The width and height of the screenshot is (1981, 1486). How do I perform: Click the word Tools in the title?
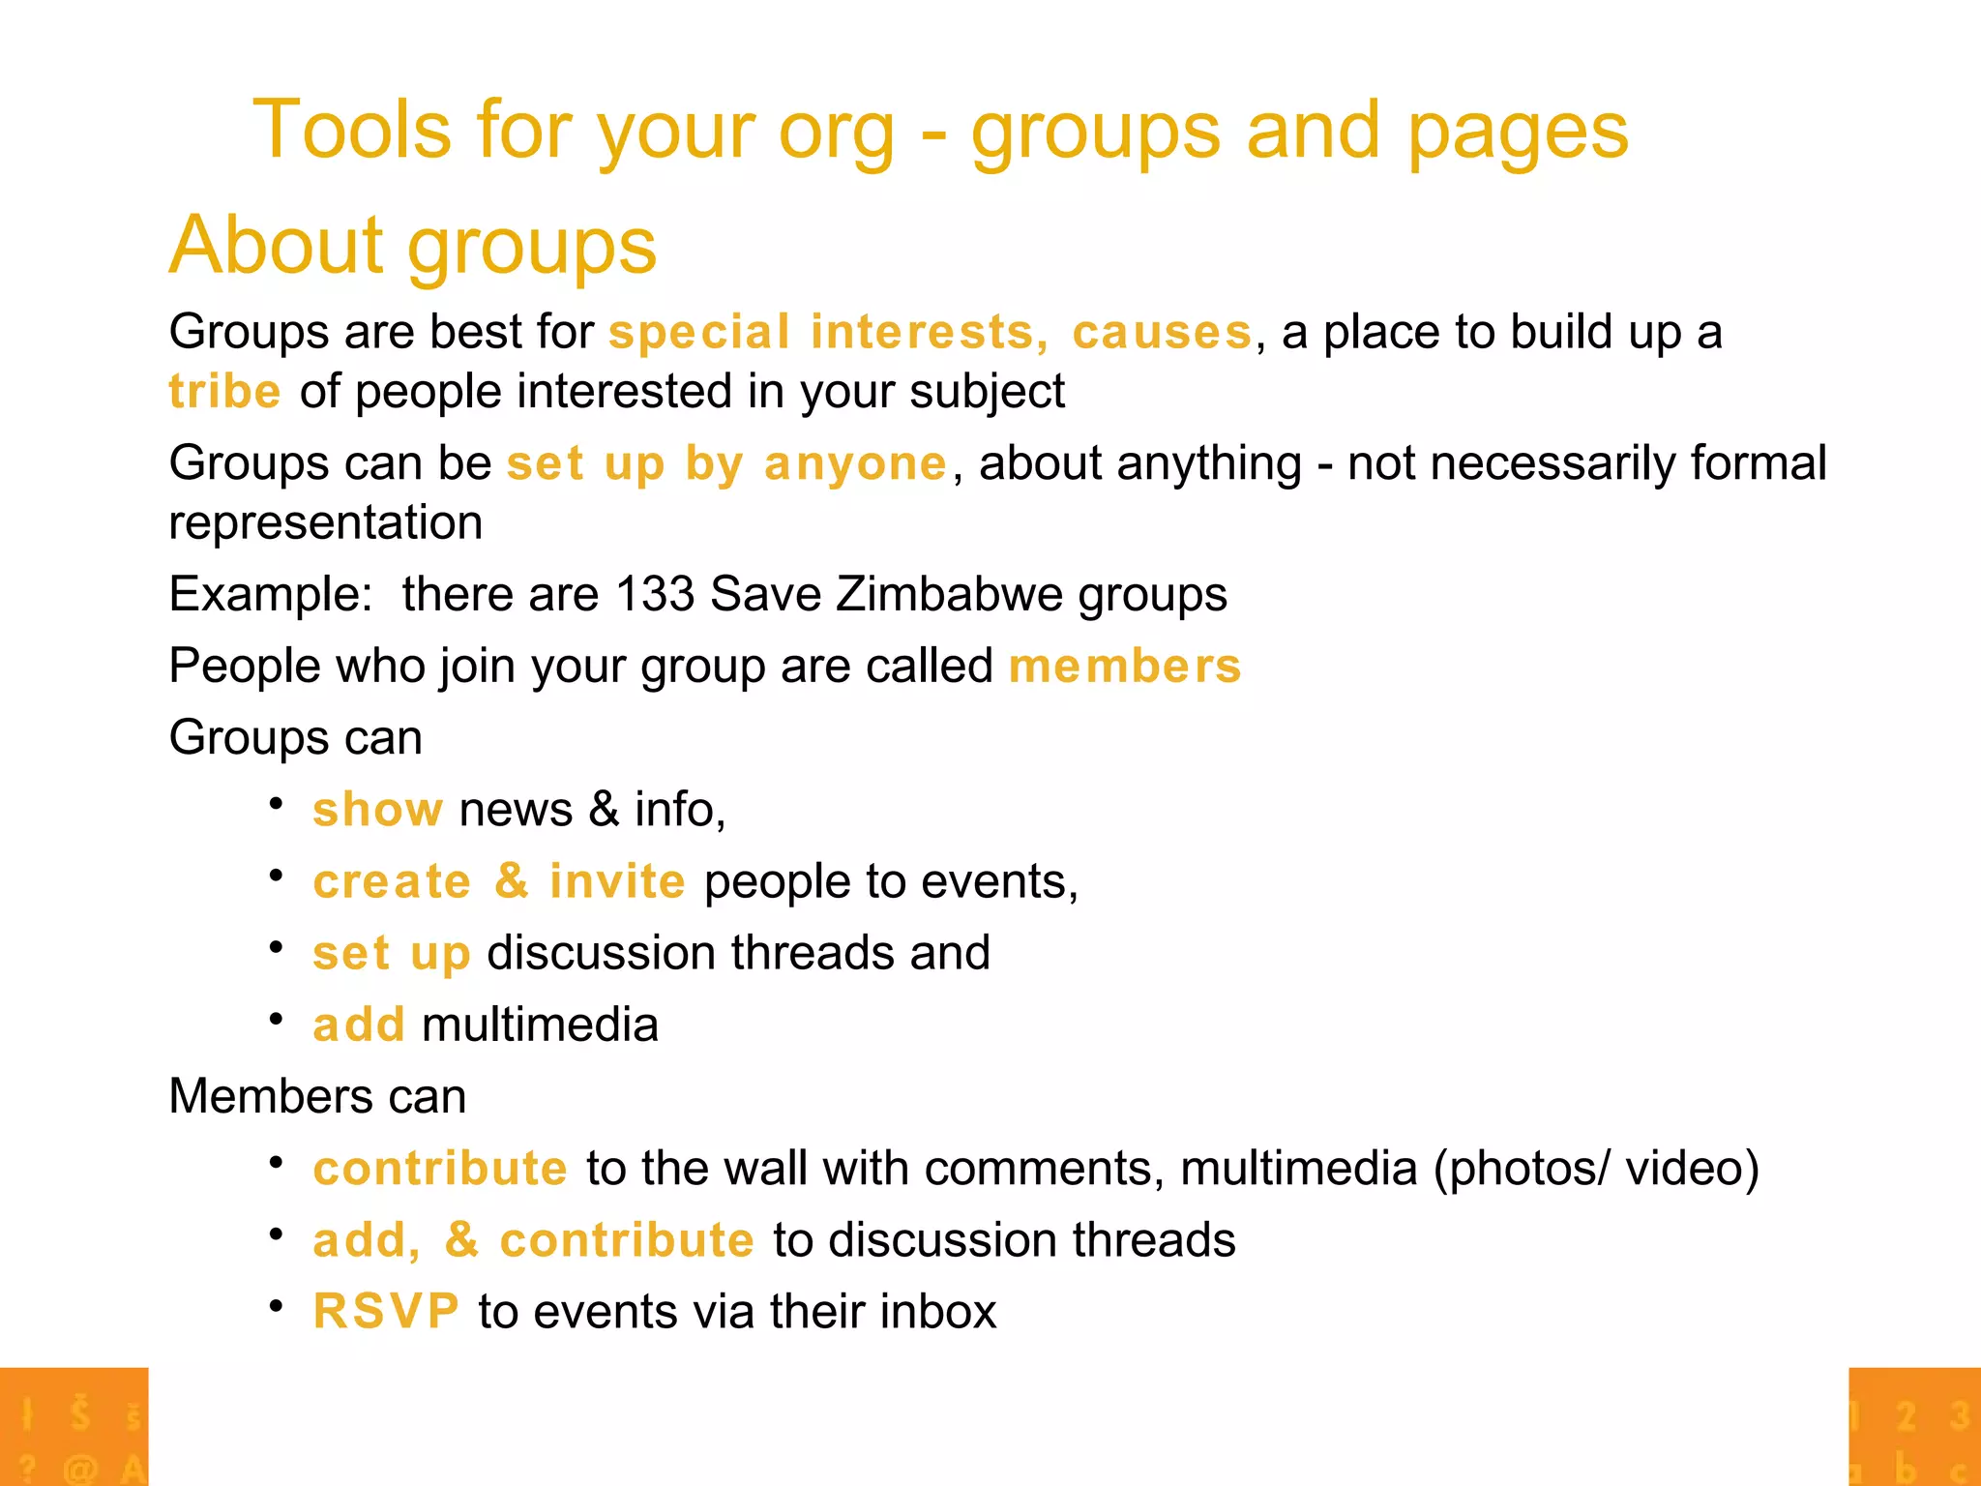352,130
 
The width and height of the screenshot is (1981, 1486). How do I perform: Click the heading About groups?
413,246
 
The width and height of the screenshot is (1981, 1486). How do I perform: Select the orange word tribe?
224,392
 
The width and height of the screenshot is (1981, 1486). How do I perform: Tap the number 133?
655,593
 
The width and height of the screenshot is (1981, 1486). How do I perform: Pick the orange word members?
1124,667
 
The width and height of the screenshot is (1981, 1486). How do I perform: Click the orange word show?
377,809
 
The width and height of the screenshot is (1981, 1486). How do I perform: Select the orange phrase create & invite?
498,881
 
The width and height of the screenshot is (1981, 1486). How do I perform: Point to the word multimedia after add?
540,1025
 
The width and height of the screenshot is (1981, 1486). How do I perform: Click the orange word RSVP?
385,1312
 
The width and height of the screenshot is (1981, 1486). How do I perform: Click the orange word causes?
1162,333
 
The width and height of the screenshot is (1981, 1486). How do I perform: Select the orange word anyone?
855,463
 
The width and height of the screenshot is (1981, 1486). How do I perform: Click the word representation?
325,523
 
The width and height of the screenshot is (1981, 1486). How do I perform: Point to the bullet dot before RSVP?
276,1307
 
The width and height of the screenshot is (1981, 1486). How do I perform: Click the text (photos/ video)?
1595,1169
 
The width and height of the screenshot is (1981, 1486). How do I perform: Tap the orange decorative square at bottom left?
74,1426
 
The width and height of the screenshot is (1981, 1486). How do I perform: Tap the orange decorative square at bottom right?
1913,1426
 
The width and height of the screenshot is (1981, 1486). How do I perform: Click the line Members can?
317,1097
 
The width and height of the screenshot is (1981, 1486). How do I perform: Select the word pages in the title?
1517,132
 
